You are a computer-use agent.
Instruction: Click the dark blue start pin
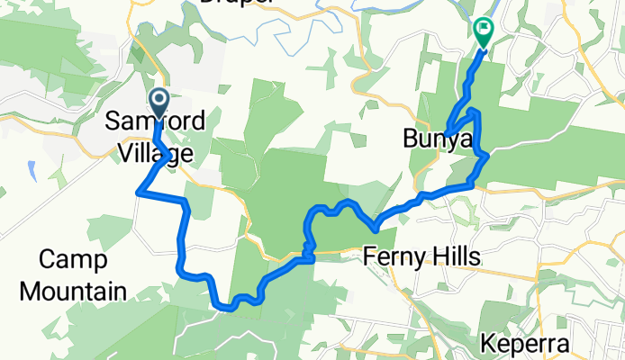pyautogui.click(x=159, y=100)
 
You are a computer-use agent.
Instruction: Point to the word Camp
pyautogui.click(x=74, y=261)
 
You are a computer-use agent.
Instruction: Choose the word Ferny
pyautogui.click(x=394, y=258)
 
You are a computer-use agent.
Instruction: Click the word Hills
pyautogui.click(x=455, y=258)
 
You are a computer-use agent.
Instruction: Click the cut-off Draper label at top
pyautogui.click(x=236, y=3)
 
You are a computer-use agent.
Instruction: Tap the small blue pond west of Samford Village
pyautogui.click(x=32, y=168)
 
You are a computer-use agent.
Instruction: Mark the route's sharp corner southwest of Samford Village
pyautogui.click(x=138, y=191)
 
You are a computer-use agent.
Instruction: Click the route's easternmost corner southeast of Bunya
pyautogui.click(x=487, y=156)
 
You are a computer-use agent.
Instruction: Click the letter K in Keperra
pyautogui.click(x=488, y=345)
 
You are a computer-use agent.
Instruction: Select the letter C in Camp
pyautogui.click(x=48, y=261)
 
